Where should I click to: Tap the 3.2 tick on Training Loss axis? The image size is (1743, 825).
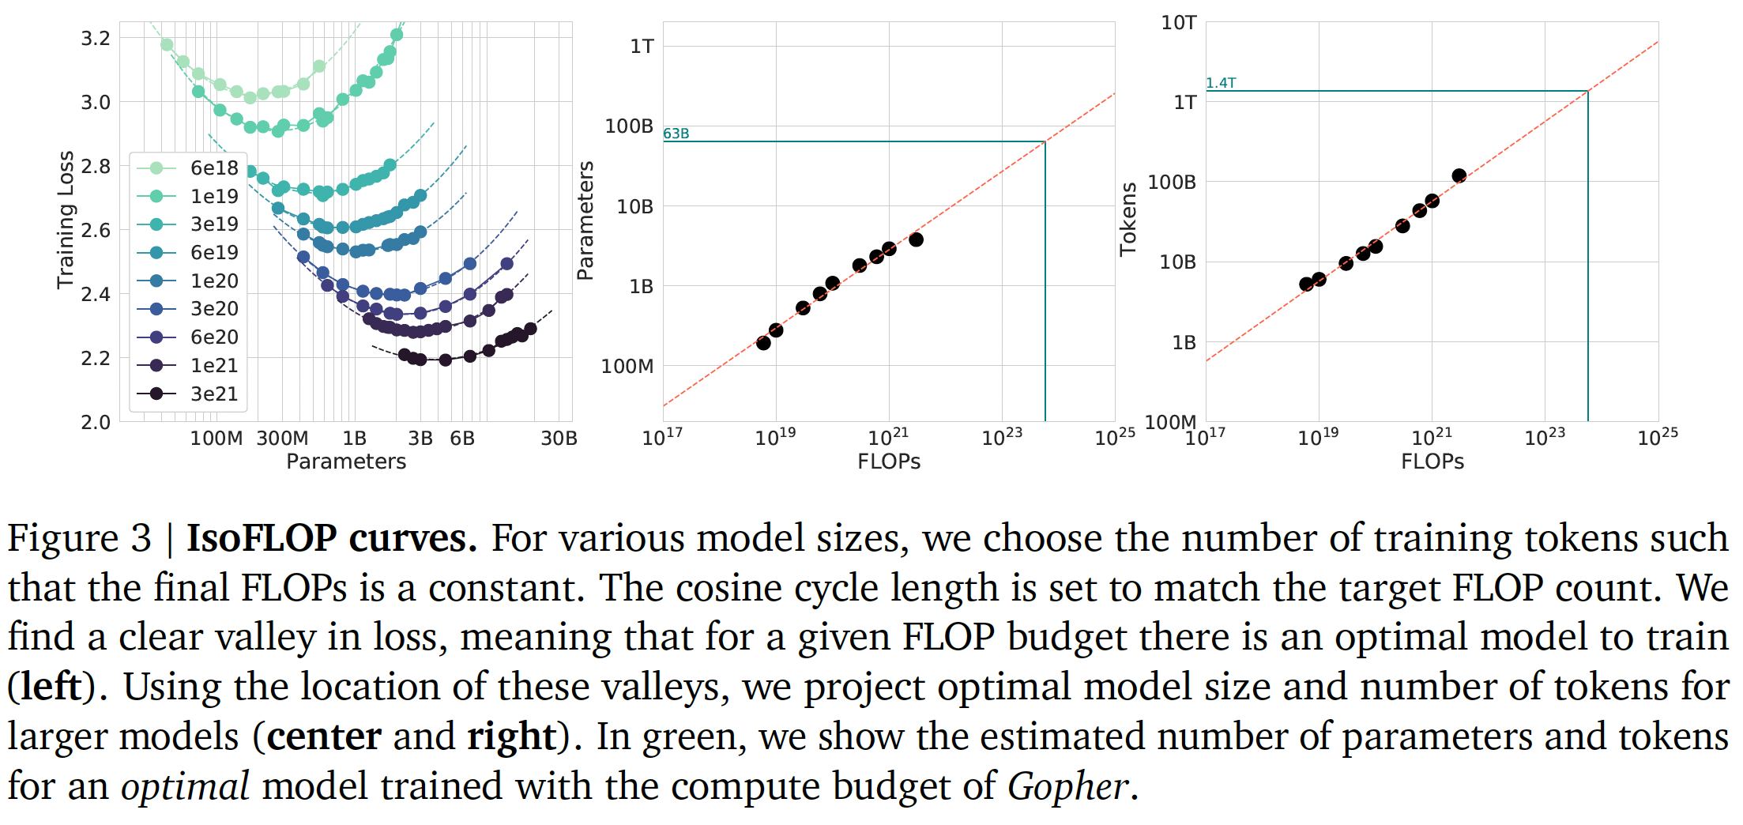[x=96, y=38]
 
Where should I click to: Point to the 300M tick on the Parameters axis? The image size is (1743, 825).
[x=282, y=438]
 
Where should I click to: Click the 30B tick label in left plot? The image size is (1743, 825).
[x=559, y=438]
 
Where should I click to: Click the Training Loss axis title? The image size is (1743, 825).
[x=66, y=220]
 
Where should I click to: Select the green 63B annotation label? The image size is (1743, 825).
[x=676, y=134]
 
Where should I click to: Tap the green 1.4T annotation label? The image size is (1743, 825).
[x=1221, y=83]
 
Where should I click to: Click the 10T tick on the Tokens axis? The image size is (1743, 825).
[x=1179, y=23]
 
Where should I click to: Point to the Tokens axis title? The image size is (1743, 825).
[x=1128, y=220]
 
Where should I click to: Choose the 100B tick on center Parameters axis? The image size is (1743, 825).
[x=629, y=126]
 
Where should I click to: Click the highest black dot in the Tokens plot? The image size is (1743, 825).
[x=1459, y=175]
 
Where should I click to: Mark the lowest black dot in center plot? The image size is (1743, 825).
[x=763, y=343]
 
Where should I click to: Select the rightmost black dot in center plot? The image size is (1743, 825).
[x=916, y=239]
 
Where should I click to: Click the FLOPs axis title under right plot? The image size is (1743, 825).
[x=1432, y=461]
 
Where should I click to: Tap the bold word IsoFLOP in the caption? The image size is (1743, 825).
[x=262, y=538]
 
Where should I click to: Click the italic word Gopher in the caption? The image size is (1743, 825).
[x=1067, y=786]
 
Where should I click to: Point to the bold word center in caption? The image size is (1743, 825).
[x=324, y=736]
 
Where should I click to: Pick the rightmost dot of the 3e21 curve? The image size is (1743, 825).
[x=530, y=329]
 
